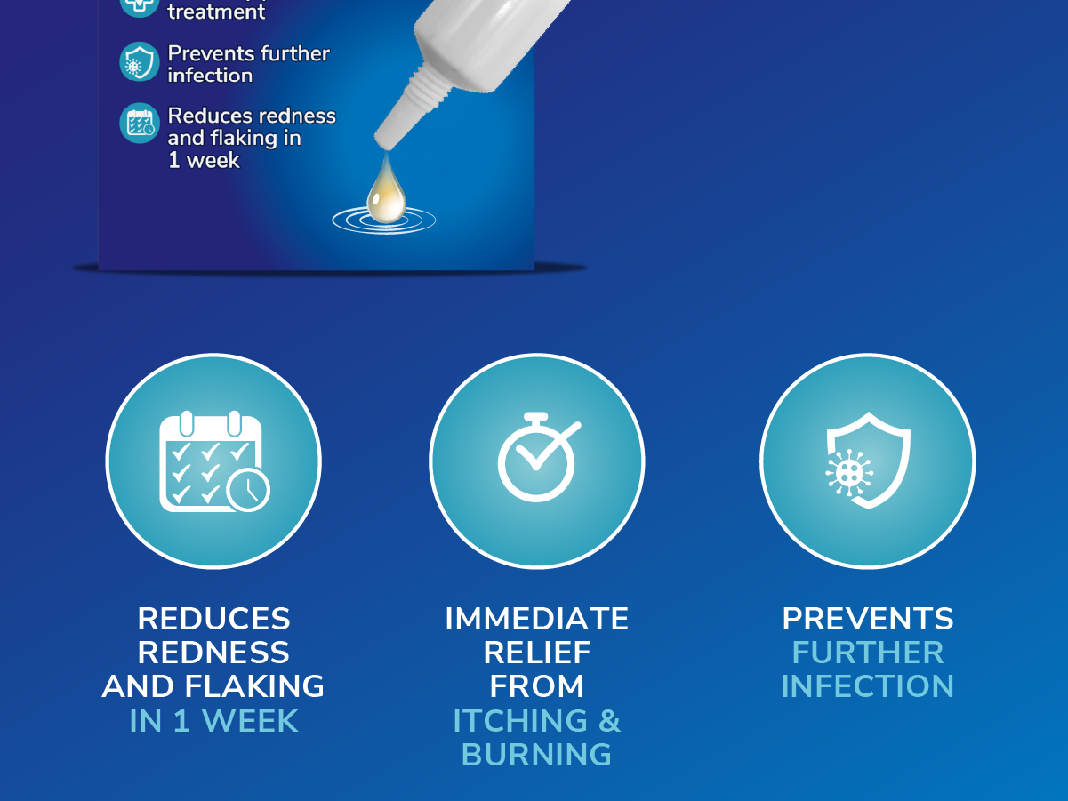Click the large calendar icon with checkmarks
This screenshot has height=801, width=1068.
214,461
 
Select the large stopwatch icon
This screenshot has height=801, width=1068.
537,457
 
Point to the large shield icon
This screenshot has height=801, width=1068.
868,461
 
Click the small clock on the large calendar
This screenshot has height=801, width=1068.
248,490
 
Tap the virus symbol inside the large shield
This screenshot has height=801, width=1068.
849,472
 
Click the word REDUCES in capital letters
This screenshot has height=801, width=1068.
213,619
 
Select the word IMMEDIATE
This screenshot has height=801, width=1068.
537,619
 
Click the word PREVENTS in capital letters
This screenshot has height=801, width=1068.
868,619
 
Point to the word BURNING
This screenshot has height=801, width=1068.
536,754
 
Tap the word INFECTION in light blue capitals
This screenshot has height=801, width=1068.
868,686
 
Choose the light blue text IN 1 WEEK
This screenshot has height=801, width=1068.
213,720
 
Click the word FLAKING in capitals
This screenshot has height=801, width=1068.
254,686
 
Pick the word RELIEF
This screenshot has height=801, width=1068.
537,653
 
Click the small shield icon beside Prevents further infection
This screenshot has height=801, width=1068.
140,61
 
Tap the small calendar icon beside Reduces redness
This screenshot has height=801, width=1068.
140,123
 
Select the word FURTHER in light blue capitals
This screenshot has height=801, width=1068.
868,653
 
